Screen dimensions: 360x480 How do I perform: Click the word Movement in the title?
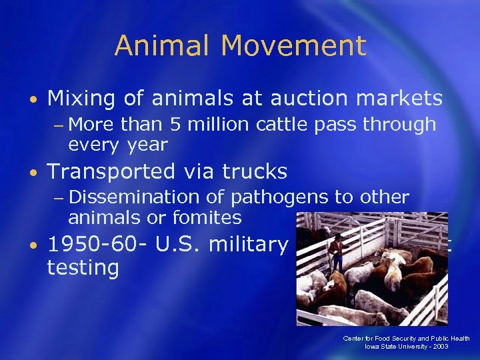point(294,47)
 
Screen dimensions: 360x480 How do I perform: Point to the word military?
point(247,245)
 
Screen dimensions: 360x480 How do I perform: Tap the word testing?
point(83,269)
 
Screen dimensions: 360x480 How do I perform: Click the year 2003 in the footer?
point(459,347)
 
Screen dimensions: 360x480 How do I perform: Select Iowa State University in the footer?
point(405,347)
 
